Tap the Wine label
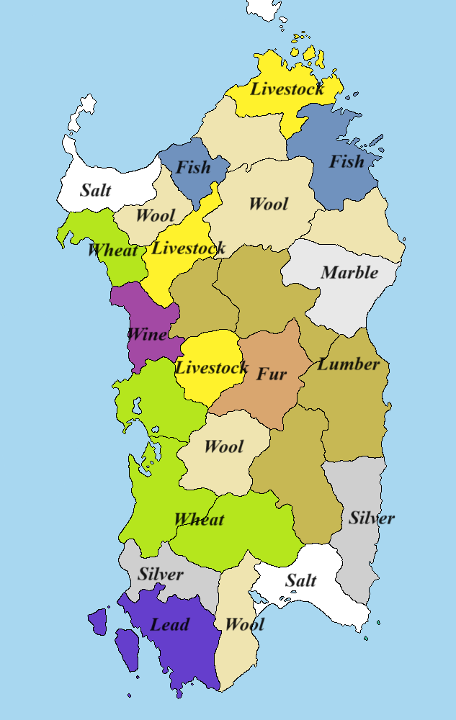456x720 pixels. [147, 334]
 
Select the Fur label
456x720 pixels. [272, 374]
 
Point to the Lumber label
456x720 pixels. [349, 364]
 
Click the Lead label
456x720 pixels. [169, 624]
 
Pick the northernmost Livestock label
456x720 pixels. [287, 90]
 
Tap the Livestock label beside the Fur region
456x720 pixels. [212, 368]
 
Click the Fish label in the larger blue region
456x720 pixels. [347, 162]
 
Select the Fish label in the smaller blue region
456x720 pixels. [194, 168]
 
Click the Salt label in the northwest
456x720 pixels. [95, 191]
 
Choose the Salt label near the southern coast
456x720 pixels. [301, 580]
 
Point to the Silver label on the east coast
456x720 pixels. [372, 518]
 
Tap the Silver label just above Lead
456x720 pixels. [160, 575]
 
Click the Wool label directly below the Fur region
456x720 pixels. [223, 446]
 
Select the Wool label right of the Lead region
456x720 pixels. [244, 624]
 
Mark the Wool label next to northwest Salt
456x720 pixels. [155, 216]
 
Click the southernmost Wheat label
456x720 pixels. [199, 520]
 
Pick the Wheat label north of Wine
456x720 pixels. [112, 251]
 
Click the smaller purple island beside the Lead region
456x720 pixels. [97, 620]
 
